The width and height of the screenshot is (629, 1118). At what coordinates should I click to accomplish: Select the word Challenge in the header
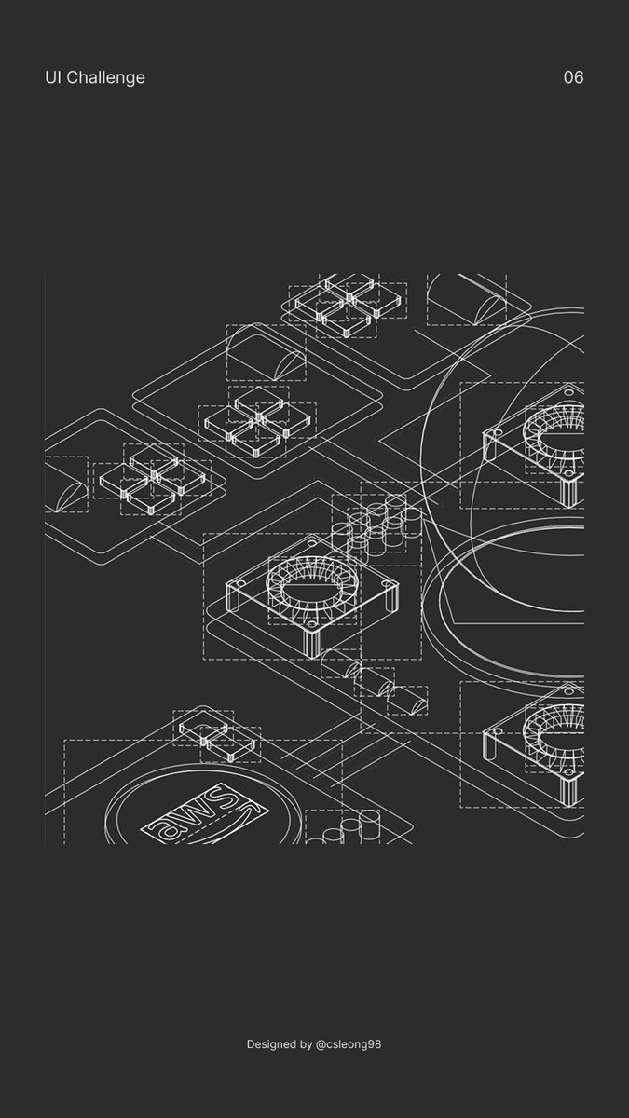tap(106, 78)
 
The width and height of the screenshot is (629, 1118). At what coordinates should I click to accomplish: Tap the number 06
tap(574, 77)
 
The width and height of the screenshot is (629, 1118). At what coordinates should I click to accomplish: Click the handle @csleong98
tap(349, 1044)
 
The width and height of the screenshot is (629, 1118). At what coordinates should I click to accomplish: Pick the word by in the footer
tap(307, 1044)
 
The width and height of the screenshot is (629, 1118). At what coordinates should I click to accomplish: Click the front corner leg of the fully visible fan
tap(311, 644)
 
